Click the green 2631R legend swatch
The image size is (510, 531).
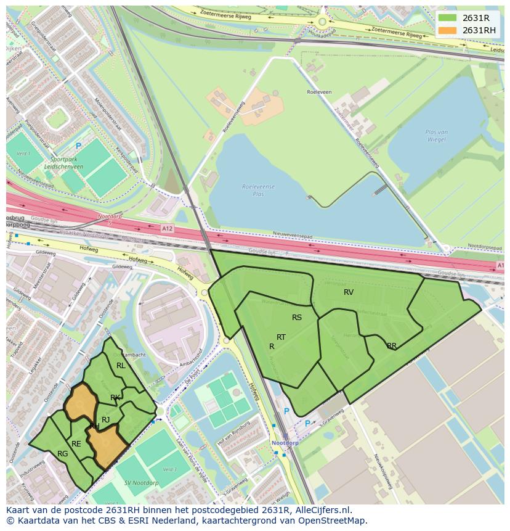[447, 18]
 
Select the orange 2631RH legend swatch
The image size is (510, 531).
[447, 30]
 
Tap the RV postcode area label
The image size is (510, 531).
[349, 292]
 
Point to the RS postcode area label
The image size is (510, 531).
[297, 318]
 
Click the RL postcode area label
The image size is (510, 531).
[121, 366]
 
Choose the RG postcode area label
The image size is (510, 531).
[62, 454]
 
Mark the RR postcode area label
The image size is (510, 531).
[392, 346]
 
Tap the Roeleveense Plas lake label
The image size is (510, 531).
[258, 189]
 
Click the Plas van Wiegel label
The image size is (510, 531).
[436, 136]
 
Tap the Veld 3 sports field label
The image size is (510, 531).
[169, 470]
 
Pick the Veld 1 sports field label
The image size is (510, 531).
[23, 154]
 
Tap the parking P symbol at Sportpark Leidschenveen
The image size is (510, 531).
[78, 146]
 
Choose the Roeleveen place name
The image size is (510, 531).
[319, 92]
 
